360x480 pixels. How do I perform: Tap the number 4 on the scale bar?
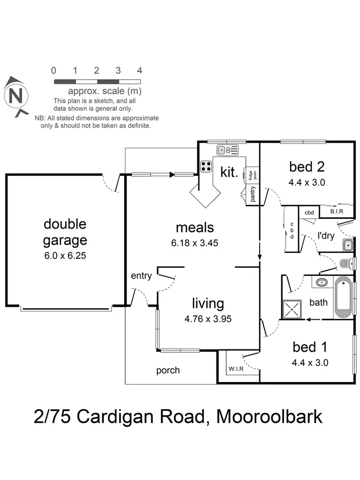click(x=140, y=71)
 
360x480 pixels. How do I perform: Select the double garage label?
click(x=65, y=232)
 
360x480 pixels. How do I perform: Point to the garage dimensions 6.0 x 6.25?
click(x=65, y=256)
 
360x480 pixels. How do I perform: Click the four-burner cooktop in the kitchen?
click(x=206, y=166)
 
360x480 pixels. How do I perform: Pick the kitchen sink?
click(x=227, y=150)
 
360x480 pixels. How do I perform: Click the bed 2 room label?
click(x=307, y=167)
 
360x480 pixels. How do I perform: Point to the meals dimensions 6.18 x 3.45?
click(x=194, y=243)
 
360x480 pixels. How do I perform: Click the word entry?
click(x=141, y=276)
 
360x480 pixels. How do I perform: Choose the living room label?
click(x=208, y=303)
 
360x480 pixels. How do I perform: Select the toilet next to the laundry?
click(x=347, y=263)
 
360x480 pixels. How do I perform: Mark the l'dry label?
click(x=326, y=235)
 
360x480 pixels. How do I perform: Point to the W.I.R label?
click(x=235, y=369)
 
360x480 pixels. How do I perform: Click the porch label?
click(x=168, y=370)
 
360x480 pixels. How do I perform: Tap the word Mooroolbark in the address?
click(x=269, y=417)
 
